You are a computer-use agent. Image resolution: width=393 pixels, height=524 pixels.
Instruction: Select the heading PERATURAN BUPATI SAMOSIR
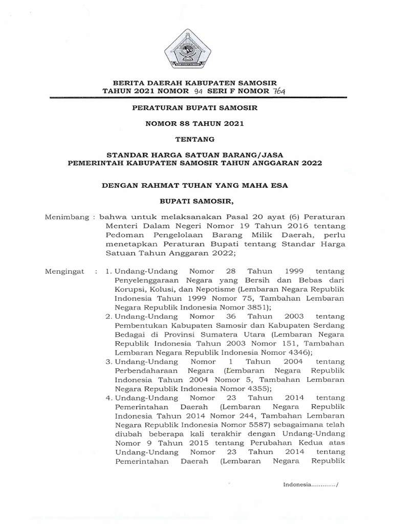click(x=196, y=108)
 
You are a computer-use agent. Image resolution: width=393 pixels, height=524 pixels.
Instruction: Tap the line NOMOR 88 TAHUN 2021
click(x=196, y=123)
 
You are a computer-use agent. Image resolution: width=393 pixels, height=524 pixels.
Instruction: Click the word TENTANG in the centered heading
click(x=196, y=139)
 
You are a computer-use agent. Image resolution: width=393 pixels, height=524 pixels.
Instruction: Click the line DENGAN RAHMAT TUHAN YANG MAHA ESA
click(x=196, y=185)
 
